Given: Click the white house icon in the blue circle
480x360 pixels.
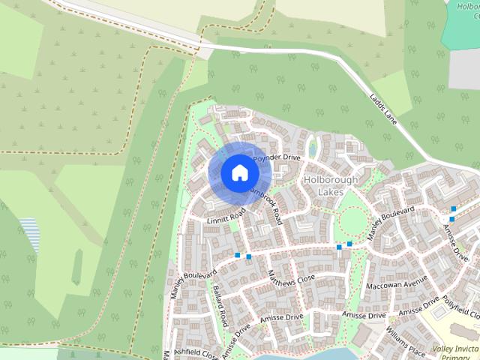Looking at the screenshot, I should click(x=239, y=172).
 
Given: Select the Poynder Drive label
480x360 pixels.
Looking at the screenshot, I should click(x=276, y=159).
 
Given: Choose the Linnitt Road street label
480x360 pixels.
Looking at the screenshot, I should click(x=226, y=217).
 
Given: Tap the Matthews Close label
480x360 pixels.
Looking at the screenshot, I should click(x=292, y=280).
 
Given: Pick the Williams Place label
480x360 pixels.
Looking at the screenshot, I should click(x=406, y=340).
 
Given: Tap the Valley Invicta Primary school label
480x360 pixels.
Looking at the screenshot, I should click(x=454, y=352).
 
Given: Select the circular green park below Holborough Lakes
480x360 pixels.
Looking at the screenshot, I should click(x=352, y=221).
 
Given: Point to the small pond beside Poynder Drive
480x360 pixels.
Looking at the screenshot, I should click(x=313, y=147).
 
